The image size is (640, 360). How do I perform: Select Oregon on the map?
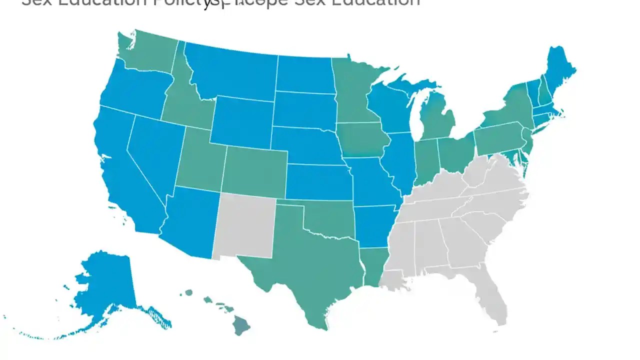tap(132, 90)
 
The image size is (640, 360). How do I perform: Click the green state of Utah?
tap(200, 157)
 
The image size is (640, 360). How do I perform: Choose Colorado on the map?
tap(255, 170)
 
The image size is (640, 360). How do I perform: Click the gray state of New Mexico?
tap(245, 225)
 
